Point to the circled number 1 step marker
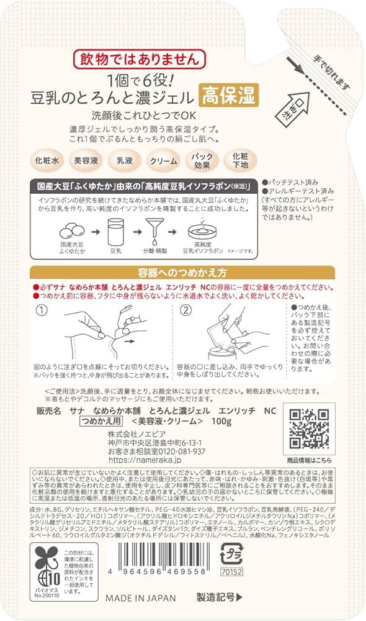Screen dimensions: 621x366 click(42, 310)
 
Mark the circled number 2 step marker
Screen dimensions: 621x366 click(185, 309)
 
